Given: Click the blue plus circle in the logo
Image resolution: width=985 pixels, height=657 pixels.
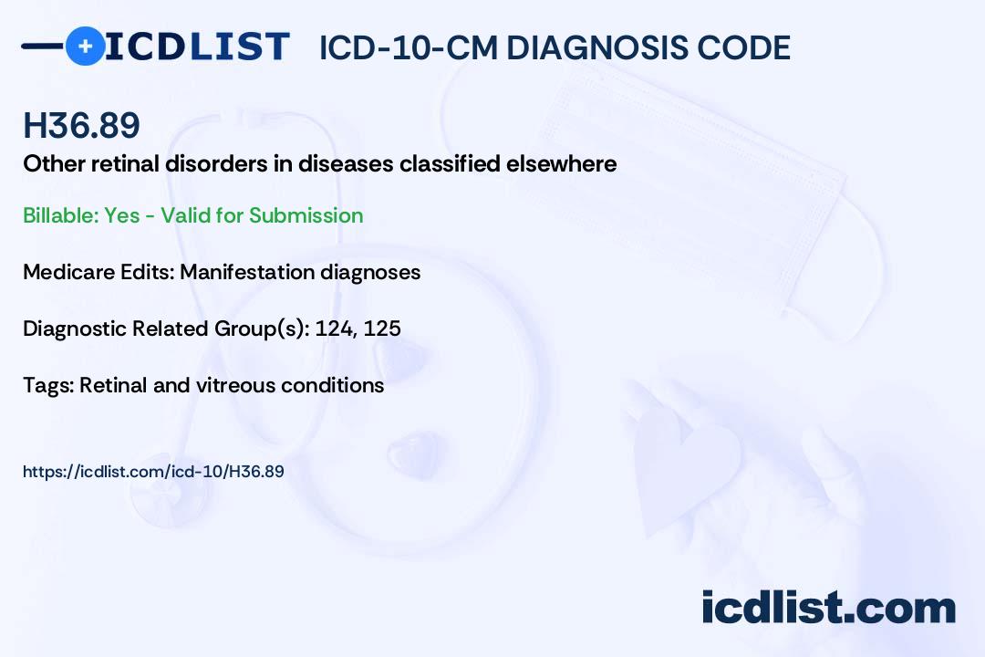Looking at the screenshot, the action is pyautogui.click(x=85, y=47).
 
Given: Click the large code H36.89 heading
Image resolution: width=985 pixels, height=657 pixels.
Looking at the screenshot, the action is pyautogui.click(x=81, y=125).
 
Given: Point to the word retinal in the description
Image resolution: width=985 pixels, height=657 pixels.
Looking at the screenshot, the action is pyautogui.click(x=125, y=163).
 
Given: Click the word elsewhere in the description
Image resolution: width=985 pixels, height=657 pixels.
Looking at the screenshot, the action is pyautogui.click(x=562, y=163).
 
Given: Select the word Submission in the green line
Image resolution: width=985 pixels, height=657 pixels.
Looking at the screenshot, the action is pyautogui.click(x=306, y=215).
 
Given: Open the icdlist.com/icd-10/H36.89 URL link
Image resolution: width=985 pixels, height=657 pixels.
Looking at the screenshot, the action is pyautogui.click(x=153, y=472).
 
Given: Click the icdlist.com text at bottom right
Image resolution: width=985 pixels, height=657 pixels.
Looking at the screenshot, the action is pyautogui.click(x=828, y=607).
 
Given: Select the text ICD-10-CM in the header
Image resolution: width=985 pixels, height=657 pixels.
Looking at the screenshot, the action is pyautogui.click(x=409, y=47).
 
